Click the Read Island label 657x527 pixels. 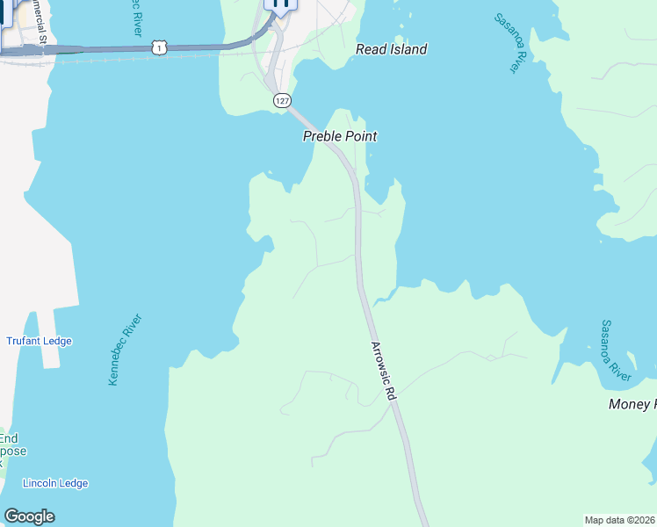[x=391, y=49]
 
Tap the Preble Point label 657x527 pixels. [x=340, y=136]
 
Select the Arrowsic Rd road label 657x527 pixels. [x=385, y=372]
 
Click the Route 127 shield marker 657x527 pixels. [x=281, y=101]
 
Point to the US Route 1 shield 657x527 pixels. [x=158, y=47]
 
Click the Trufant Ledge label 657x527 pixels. [x=40, y=341]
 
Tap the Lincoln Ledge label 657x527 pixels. [x=55, y=483]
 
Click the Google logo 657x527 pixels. [x=29, y=516]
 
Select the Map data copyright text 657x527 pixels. [x=620, y=520]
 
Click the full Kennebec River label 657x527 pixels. [x=125, y=350]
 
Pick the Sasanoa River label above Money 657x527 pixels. [x=616, y=350]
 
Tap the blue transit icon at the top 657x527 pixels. [x=281, y=4]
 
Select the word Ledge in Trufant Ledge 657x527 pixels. [x=57, y=341]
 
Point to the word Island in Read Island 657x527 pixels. [x=408, y=49]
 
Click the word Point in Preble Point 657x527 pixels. [x=361, y=136]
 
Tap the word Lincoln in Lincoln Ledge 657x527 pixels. [x=40, y=483]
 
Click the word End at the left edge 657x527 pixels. [x=8, y=438]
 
